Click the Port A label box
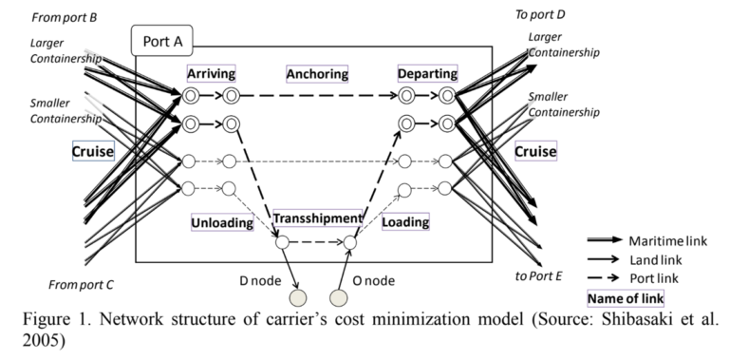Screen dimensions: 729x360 (161, 41)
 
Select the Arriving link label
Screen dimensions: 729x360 (212, 73)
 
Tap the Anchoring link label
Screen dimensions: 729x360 (317, 74)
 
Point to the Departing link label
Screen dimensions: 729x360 (428, 73)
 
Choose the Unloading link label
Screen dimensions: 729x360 (222, 222)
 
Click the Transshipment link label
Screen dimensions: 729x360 (317, 218)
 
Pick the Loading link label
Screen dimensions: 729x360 (405, 222)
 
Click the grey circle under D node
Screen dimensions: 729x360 (298, 297)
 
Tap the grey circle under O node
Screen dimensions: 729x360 (339, 297)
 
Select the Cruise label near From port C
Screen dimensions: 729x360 (93, 151)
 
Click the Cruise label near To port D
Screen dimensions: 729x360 (535, 151)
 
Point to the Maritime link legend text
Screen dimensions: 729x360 (667, 241)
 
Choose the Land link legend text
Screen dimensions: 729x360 (656, 259)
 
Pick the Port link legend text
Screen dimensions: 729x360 (654, 278)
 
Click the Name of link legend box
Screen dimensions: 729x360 (626, 298)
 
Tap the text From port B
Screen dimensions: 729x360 (65, 18)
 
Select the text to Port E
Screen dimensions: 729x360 (539, 275)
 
